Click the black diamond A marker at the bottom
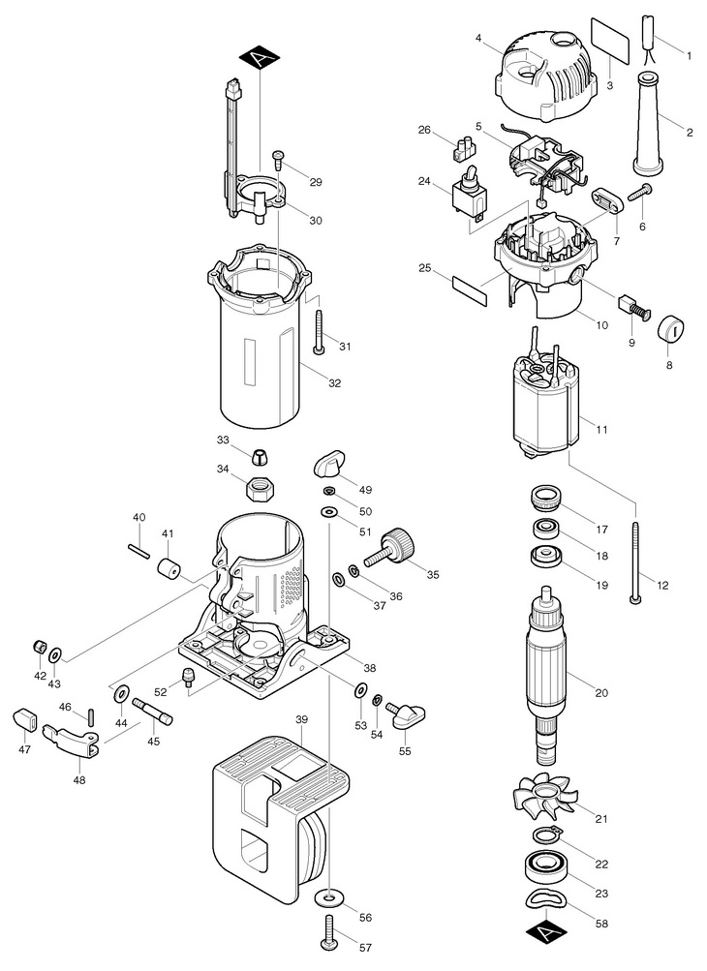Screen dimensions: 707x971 coord(546,930)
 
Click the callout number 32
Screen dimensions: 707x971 coord(334,383)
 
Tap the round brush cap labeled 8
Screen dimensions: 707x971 coord(669,328)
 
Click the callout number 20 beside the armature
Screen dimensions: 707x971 coord(601,693)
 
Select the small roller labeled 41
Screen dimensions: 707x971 coord(169,567)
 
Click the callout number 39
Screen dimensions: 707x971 coord(302,720)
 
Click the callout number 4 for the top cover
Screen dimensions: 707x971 coord(479,39)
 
